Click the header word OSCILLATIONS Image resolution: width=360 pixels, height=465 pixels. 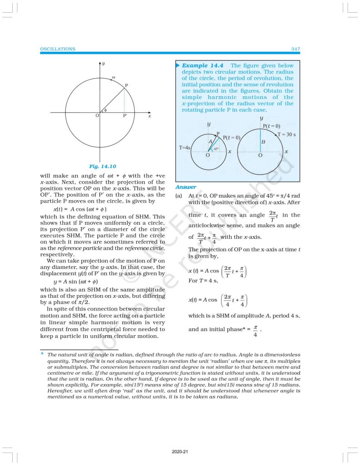58,49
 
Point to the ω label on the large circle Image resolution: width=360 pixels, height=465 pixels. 113,78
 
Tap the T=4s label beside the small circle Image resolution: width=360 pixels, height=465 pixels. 183,148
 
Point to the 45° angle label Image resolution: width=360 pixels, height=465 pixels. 217,148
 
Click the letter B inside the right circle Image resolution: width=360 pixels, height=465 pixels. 263,142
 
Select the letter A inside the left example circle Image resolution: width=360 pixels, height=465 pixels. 210,141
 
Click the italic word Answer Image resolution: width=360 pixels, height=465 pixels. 185,187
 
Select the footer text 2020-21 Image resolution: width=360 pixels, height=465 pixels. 180,452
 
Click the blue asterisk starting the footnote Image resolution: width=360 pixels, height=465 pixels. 42,353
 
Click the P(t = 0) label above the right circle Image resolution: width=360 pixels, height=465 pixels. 271,126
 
